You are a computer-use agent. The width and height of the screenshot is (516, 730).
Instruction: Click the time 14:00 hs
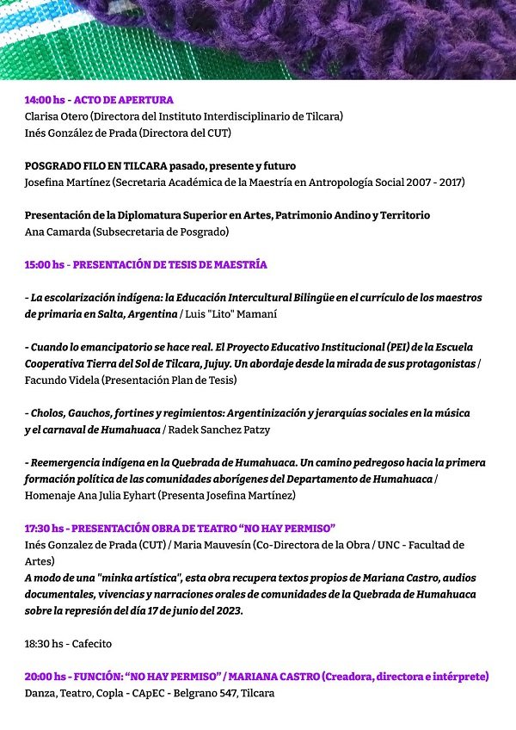tap(44, 100)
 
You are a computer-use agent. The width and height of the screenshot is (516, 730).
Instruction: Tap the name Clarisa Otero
tap(56, 116)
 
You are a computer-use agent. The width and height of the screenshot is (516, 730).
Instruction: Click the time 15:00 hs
tap(44, 264)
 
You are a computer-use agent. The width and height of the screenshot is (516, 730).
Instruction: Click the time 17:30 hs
tap(44, 528)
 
